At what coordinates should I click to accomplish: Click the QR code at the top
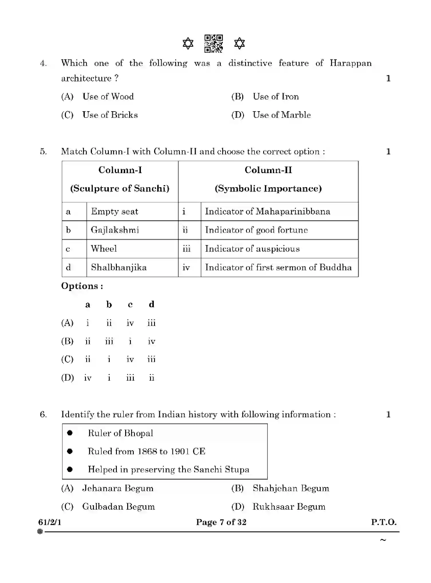click(213, 44)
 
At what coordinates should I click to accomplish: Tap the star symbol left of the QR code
click(188, 44)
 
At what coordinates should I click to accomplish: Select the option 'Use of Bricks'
click(110, 115)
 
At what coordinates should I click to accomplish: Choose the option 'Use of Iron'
click(275, 97)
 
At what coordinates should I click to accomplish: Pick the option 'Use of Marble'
click(282, 115)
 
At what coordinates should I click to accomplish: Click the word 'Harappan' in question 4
click(350, 63)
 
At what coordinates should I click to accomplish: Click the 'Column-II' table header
click(268, 170)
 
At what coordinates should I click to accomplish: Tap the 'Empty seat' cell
click(115, 212)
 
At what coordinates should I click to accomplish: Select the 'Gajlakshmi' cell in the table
click(115, 230)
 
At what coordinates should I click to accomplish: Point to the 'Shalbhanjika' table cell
click(119, 267)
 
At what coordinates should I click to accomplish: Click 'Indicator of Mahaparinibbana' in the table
click(267, 212)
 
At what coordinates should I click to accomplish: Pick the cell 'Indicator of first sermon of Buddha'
click(278, 267)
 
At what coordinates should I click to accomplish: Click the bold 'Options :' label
click(82, 286)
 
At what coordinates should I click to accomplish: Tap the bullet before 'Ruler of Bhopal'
click(70, 433)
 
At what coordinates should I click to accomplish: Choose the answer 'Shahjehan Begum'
click(291, 488)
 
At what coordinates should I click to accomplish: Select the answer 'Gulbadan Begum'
click(118, 506)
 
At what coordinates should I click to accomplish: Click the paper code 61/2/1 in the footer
click(50, 522)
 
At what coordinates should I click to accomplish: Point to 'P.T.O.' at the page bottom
click(384, 522)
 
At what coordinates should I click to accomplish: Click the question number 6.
click(43, 414)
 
